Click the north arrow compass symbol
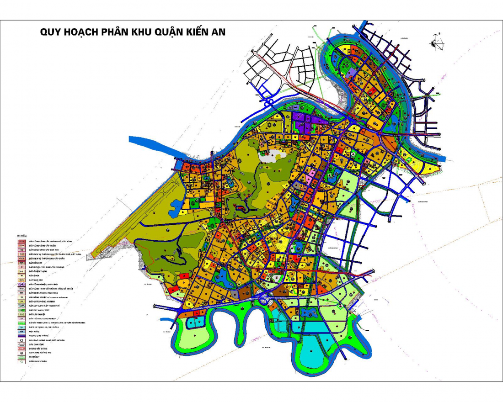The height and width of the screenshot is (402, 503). (436, 42)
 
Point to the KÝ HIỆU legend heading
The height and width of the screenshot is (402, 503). (21, 236)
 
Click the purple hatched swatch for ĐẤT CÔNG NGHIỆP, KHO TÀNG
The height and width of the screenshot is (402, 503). (21, 285)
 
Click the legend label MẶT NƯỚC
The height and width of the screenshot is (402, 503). (34, 331)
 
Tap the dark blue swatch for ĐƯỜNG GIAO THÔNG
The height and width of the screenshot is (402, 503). (21, 336)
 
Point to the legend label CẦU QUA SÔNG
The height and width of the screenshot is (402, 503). (36, 344)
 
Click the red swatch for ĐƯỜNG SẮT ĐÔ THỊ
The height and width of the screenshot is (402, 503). (21, 349)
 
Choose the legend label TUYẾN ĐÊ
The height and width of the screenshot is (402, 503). (34, 357)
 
